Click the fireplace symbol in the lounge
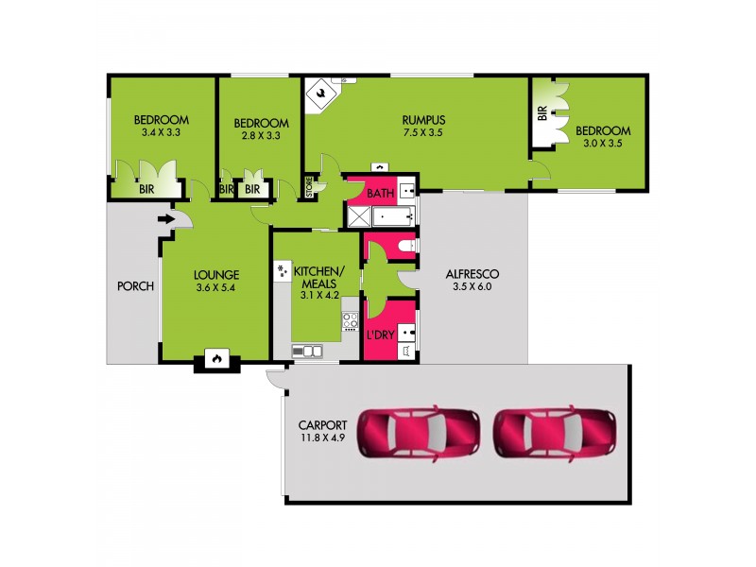point(216,360)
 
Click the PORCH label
point(135,285)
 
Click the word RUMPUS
point(422,120)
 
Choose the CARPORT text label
point(321,424)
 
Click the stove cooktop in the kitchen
point(351,318)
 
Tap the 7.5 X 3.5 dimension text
point(422,133)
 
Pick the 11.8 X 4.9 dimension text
point(321,438)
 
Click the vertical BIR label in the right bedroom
point(541,113)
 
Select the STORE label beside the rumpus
point(308,187)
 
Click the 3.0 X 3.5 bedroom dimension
point(602,145)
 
